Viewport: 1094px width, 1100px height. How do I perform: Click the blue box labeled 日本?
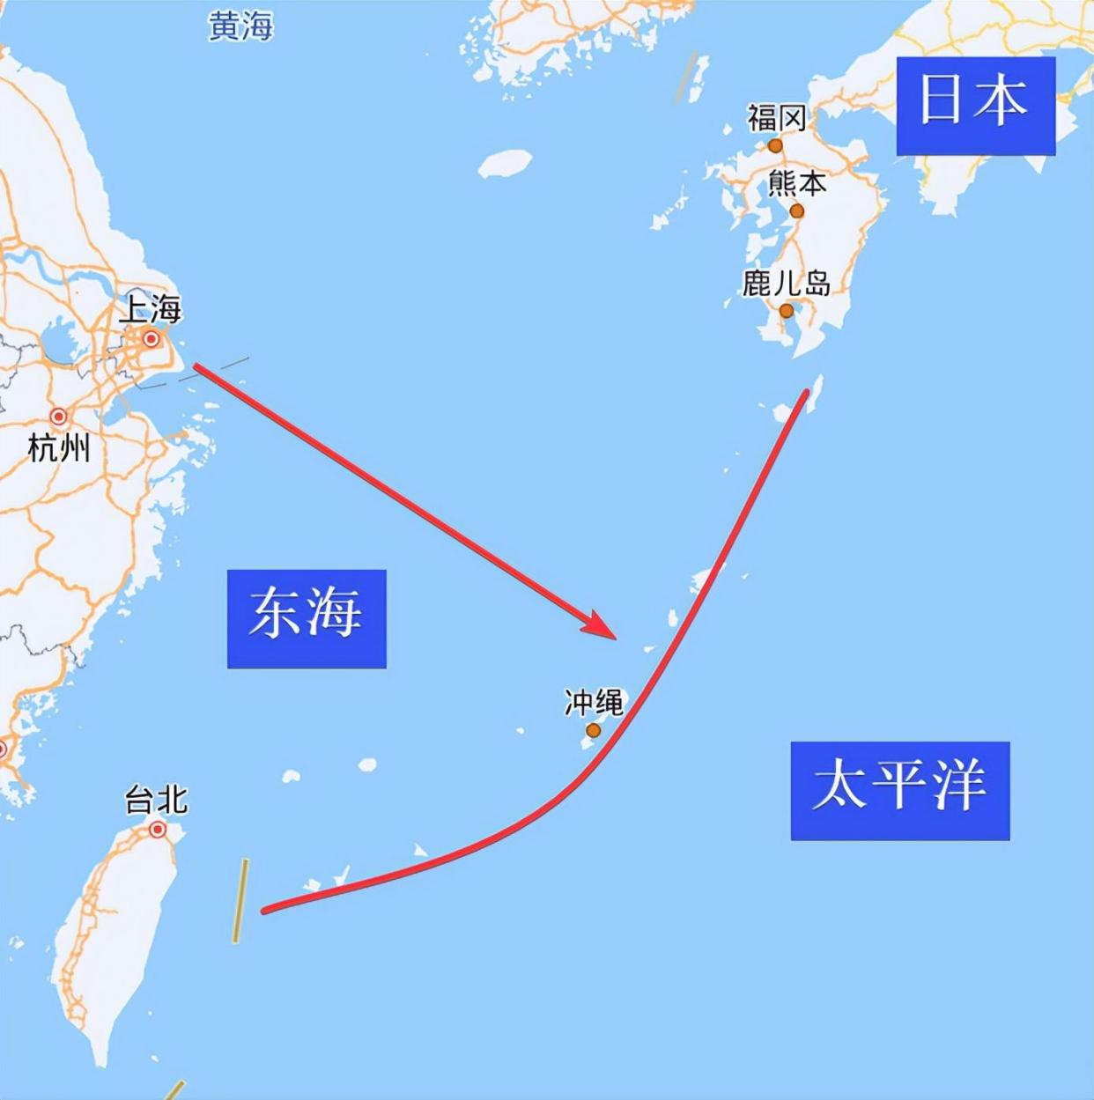975,106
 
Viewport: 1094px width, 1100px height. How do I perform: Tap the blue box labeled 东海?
306,617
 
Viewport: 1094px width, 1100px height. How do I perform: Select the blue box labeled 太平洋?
899,790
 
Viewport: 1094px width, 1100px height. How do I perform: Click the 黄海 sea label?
240,26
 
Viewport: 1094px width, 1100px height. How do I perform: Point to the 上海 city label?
150,310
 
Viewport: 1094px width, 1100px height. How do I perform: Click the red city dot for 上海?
151,339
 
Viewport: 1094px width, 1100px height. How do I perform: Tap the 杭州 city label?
59,448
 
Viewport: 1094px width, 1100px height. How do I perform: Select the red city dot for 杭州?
59,417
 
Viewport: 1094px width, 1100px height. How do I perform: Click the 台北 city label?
156,801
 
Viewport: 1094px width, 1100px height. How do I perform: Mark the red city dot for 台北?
158,829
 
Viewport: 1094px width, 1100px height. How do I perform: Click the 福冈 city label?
776,117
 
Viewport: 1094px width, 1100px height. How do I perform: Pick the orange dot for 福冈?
775,145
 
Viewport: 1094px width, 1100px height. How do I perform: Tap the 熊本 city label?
797,183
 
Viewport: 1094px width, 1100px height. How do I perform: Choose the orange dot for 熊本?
796,211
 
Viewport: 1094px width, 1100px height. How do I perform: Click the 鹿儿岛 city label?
786,283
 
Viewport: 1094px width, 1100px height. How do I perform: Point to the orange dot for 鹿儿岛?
786,311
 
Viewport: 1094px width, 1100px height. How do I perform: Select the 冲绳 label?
594,702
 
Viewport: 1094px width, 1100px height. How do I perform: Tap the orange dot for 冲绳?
593,730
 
